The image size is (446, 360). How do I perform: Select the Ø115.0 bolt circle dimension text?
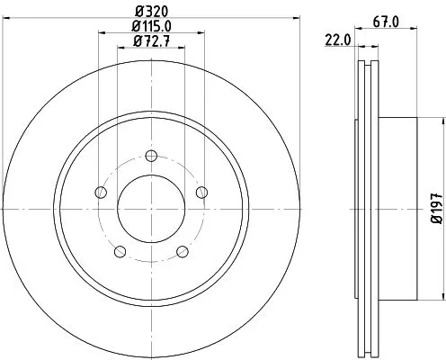150,27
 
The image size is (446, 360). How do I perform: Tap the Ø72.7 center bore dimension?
150,41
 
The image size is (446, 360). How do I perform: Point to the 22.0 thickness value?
338,40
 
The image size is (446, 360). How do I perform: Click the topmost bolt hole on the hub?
150,152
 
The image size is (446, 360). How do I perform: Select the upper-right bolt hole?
201,190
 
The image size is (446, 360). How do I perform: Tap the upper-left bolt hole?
99,190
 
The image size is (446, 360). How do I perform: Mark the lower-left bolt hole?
119,250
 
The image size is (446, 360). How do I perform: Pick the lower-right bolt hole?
182,250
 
